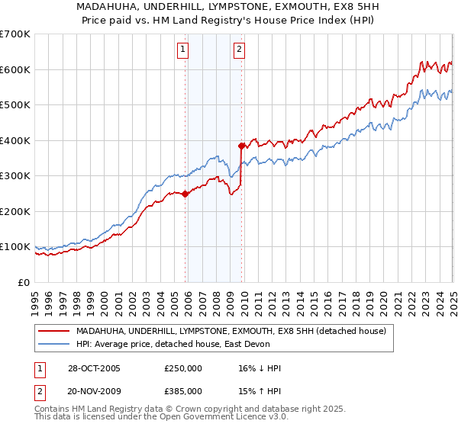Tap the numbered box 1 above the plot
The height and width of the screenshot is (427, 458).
[x=184, y=50]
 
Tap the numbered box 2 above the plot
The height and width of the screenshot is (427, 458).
[x=239, y=50]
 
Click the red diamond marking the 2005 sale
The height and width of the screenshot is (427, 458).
[x=185, y=194]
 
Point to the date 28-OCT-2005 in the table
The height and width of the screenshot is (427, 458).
[x=94, y=368]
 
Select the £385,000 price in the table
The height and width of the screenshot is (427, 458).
[x=183, y=390]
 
